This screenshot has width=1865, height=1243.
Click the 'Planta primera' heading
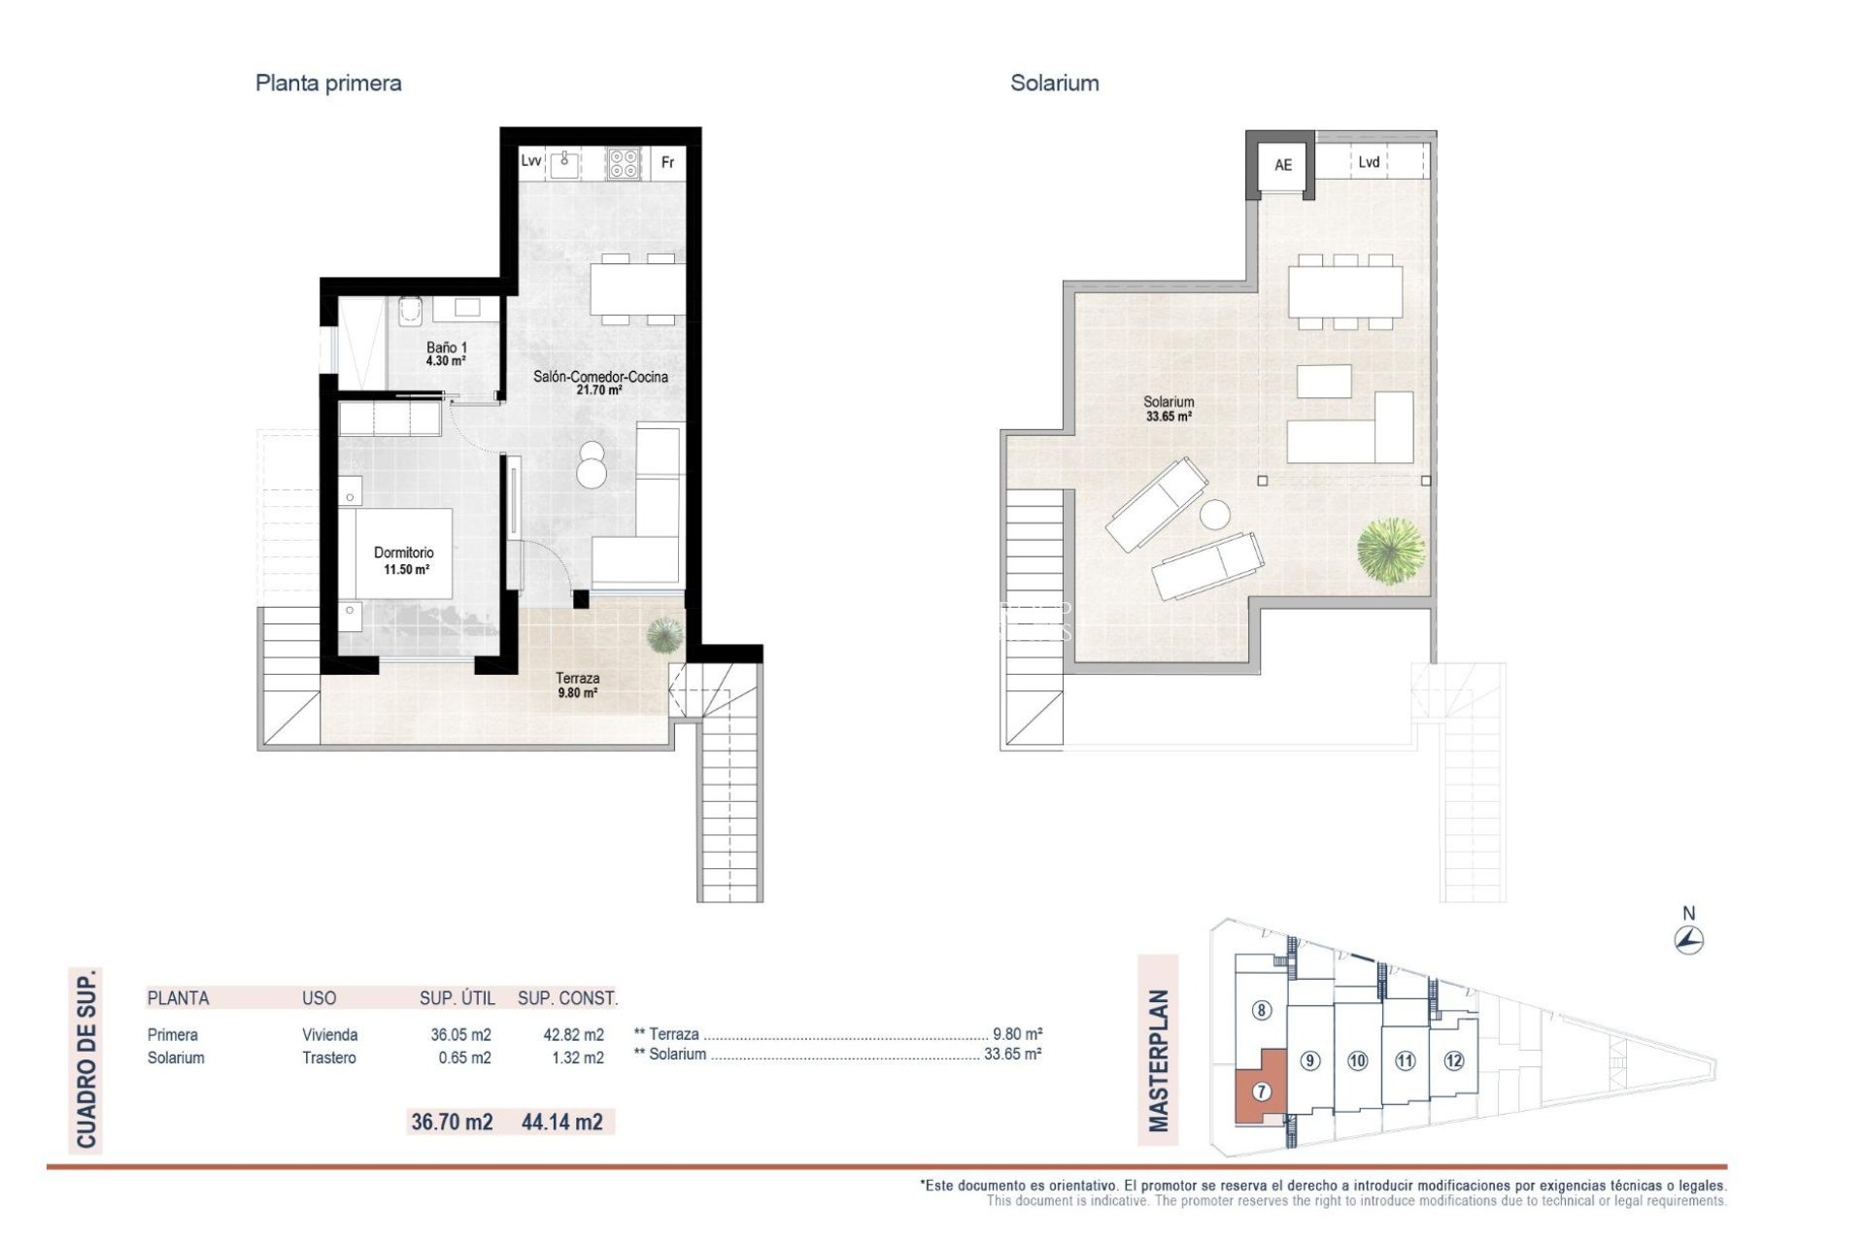click(x=328, y=84)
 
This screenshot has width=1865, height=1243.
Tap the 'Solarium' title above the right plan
click(x=1054, y=84)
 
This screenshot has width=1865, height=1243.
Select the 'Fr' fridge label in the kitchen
click(x=667, y=162)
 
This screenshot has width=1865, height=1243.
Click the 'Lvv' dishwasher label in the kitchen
click(x=530, y=160)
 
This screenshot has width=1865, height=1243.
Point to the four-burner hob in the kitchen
click(x=623, y=163)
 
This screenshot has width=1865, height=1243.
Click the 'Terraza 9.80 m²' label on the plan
click(x=577, y=686)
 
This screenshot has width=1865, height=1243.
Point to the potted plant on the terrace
click(x=664, y=635)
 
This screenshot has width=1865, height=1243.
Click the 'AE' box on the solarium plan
click(x=1282, y=165)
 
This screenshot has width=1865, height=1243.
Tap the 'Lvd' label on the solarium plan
click(x=1369, y=162)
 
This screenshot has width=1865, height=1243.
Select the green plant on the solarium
click(x=1391, y=550)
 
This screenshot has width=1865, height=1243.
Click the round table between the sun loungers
click(x=1214, y=514)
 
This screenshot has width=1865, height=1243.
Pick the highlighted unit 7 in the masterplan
click(x=1261, y=1092)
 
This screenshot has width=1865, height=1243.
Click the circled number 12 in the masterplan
click(x=1453, y=1060)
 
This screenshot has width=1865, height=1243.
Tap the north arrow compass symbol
click(x=1689, y=939)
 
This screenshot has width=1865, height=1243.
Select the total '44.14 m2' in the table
click(x=561, y=1123)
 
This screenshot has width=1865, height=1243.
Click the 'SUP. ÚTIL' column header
click(x=457, y=998)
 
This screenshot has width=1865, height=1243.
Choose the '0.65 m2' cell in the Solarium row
click(x=464, y=1058)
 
